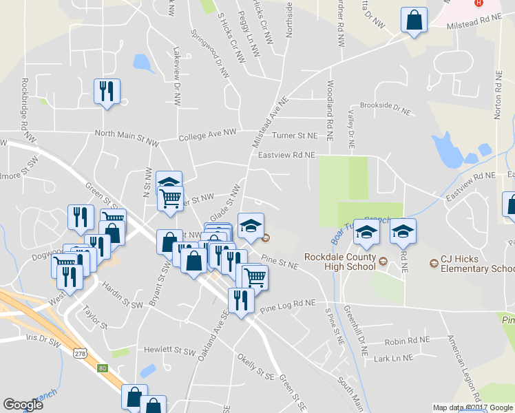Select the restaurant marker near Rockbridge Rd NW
[107, 92]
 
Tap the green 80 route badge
[103, 368]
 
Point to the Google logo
[23, 405]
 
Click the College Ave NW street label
[207, 135]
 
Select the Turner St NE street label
[295, 136]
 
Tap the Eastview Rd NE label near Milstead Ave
[286, 156]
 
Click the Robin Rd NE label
[407, 340]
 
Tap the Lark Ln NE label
[392, 359]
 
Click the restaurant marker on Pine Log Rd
[240, 300]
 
